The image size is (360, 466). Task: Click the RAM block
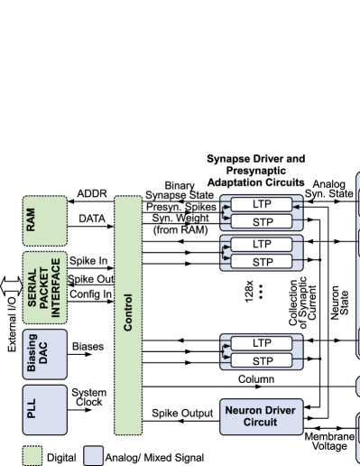tap(45, 217)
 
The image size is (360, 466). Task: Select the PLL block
tap(45, 409)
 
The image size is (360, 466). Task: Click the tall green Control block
tap(127, 313)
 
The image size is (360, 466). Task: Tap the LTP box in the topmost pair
tap(262, 204)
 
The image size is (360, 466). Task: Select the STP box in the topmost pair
tap(262, 221)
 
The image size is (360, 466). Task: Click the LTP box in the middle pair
tap(262, 245)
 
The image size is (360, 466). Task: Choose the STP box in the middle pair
tap(262, 262)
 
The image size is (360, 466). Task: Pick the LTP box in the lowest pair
tap(262, 343)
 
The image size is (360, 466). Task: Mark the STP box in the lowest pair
tap(262, 360)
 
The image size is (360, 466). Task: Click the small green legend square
tap(32, 454)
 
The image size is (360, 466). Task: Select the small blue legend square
tap(93, 454)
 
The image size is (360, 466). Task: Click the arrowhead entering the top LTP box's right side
tap(295, 204)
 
